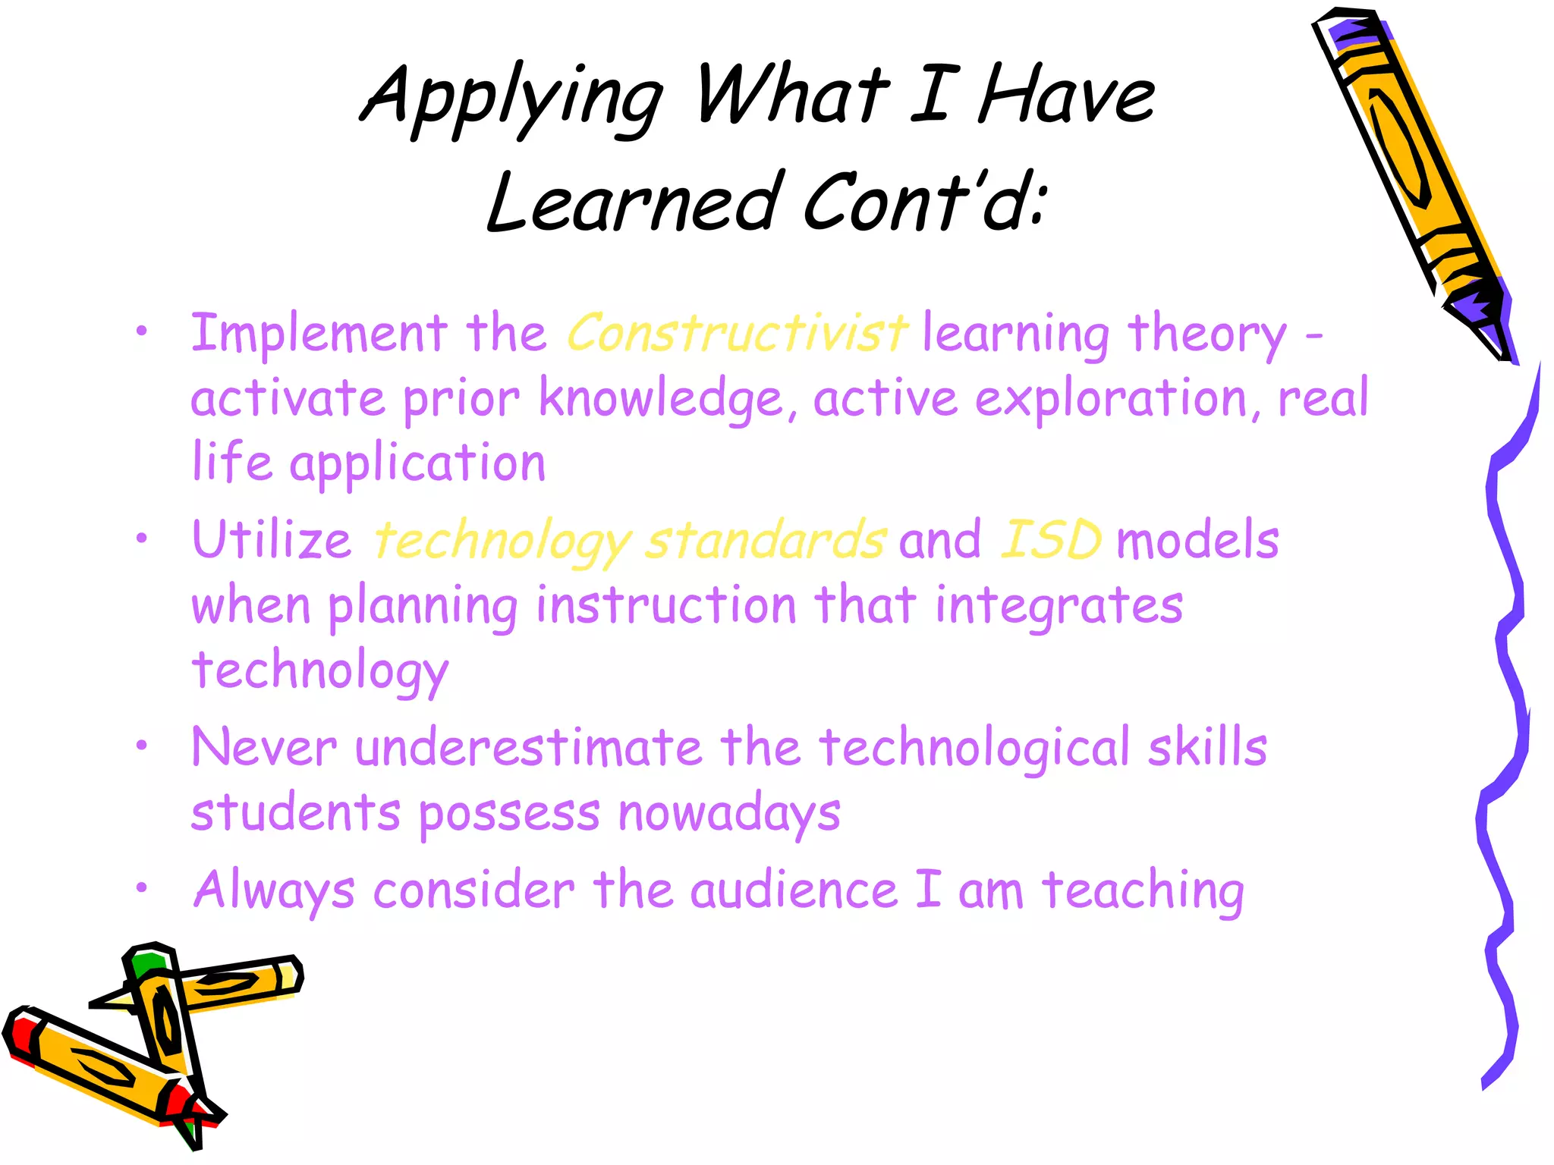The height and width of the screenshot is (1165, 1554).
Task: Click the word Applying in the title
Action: click(512, 99)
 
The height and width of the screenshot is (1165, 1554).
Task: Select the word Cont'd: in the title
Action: click(926, 201)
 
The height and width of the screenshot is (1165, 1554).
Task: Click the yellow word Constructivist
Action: click(736, 334)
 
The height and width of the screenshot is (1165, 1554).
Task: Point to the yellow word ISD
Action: click(1051, 540)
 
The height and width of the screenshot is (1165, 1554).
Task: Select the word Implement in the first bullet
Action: click(319, 334)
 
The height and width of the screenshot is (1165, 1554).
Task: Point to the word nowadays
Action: click(728, 814)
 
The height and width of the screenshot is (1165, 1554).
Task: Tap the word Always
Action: click(273, 890)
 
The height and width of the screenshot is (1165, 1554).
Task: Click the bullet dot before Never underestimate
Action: click(141, 746)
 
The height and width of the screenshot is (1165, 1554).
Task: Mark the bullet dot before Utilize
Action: click(141, 539)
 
